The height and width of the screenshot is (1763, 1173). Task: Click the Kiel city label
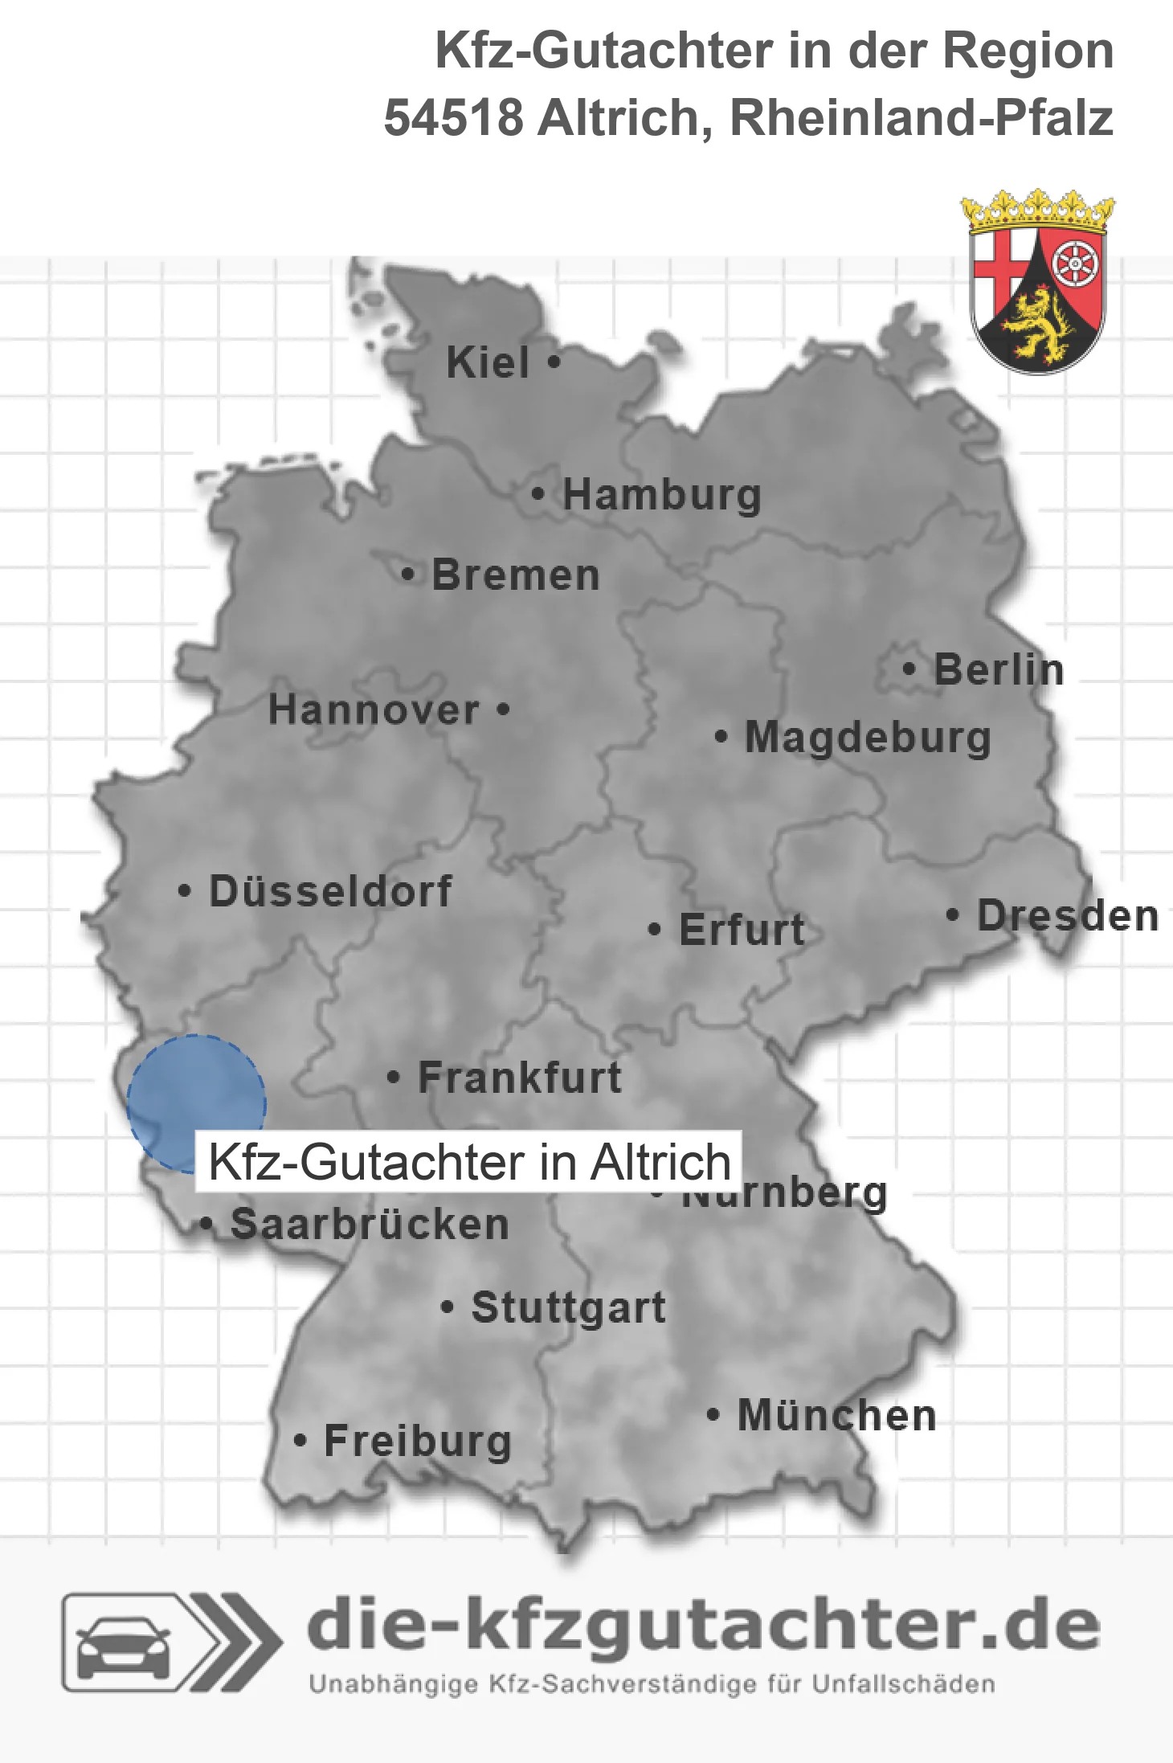click(x=488, y=362)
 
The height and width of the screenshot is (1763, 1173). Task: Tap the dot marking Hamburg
click(x=538, y=494)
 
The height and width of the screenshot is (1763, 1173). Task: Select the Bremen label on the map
click(x=516, y=575)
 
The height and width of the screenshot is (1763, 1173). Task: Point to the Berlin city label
click(x=999, y=669)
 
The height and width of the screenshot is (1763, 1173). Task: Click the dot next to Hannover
click(x=503, y=710)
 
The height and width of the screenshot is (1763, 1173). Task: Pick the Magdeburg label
click(x=868, y=738)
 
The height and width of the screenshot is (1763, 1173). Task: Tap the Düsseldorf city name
click(x=330, y=891)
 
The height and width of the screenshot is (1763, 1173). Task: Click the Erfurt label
click(x=742, y=930)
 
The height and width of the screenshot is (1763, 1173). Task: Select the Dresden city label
click(x=1068, y=915)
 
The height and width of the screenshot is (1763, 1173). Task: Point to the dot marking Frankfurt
click(x=394, y=1077)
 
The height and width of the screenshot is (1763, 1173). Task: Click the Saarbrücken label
click(x=370, y=1225)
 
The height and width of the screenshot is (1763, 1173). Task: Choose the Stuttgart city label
click(x=569, y=1307)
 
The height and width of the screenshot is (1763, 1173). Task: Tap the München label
click(x=837, y=1415)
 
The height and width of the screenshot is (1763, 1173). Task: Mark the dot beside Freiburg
click(x=300, y=1441)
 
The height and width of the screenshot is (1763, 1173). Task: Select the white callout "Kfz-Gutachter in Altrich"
click(x=469, y=1162)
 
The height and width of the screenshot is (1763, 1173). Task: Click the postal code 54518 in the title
click(x=454, y=118)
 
